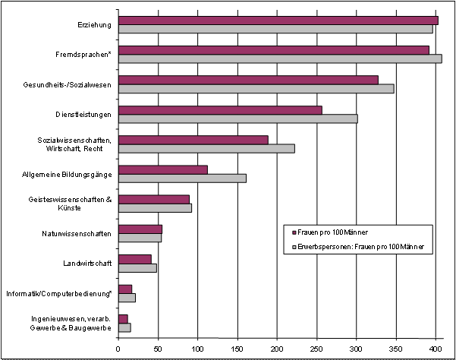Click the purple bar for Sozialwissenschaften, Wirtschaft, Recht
(x=193, y=139)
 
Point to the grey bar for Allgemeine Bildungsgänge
(x=182, y=178)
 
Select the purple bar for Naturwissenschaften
(x=140, y=229)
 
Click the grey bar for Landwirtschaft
(x=137, y=267)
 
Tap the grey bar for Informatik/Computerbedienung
(x=127, y=297)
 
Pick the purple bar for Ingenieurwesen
(x=123, y=318)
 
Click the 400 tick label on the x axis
(x=436, y=349)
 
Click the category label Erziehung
(x=95, y=25)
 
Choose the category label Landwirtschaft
(x=88, y=264)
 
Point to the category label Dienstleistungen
(x=85, y=114)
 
